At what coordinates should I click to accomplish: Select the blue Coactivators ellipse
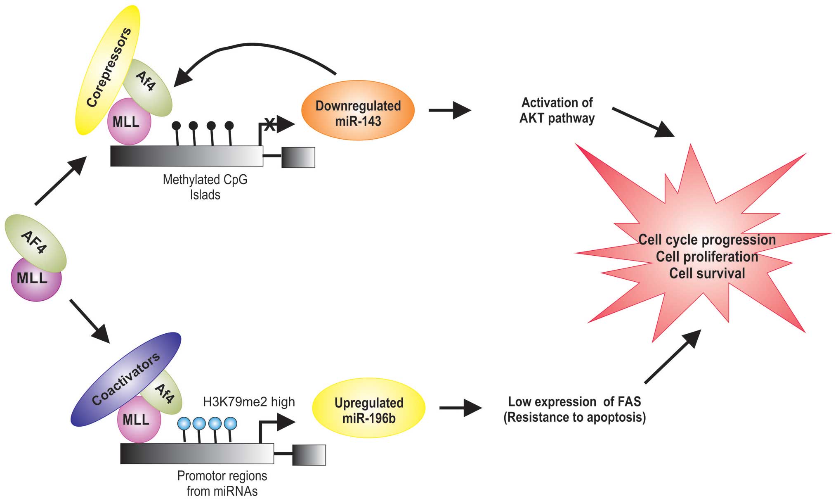pyautogui.click(x=124, y=380)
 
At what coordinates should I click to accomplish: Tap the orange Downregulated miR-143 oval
pyautogui.click(x=358, y=111)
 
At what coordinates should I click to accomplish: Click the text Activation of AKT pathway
pyautogui.click(x=557, y=110)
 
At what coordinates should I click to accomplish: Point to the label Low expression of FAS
pyautogui.click(x=574, y=402)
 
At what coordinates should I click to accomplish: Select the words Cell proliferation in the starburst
pyautogui.click(x=707, y=257)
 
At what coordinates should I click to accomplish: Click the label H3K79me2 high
pyautogui.click(x=249, y=402)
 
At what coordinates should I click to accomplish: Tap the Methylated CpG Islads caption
pyautogui.click(x=205, y=187)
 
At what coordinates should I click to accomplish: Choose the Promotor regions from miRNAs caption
pyautogui.click(x=222, y=483)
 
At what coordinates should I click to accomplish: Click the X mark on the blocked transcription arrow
pyautogui.click(x=269, y=124)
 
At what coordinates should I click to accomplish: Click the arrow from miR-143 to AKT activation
pyautogui.click(x=450, y=110)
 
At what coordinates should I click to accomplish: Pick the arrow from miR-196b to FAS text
pyautogui.click(x=460, y=408)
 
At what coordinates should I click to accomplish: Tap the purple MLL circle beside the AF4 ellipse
pyautogui.click(x=36, y=279)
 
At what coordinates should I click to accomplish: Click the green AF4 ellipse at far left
pyautogui.click(x=35, y=241)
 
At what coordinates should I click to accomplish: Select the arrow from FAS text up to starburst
pyautogui.click(x=673, y=357)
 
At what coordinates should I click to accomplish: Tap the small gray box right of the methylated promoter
pyautogui.click(x=298, y=157)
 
